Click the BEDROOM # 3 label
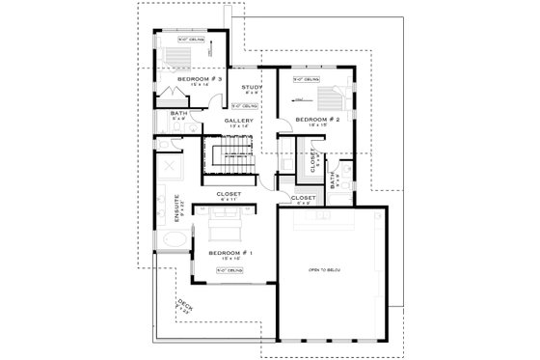tap(206, 79)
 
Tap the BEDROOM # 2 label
tap(312, 120)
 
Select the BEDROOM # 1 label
tap(229, 252)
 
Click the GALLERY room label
tap(239, 121)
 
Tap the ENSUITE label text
tap(177, 209)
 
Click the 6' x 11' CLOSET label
tap(229, 194)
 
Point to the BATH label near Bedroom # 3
tap(178, 114)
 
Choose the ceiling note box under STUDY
tap(245, 105)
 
